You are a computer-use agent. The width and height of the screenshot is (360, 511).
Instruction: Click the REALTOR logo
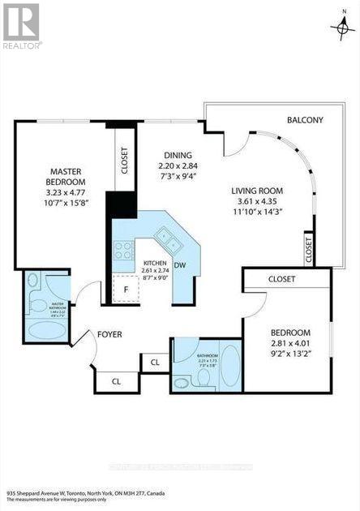click(x=22, y=25)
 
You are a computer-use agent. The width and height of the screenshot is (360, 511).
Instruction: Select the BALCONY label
click(x=305, y=121)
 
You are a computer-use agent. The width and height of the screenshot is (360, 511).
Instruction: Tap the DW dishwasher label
click(x=181, y=264)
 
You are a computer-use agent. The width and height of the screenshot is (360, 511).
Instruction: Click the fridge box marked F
click(x=126, y=288)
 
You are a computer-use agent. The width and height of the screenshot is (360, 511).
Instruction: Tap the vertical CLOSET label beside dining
click(x=124, y=160)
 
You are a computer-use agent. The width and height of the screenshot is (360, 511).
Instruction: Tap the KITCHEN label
click(x=155, y=264)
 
